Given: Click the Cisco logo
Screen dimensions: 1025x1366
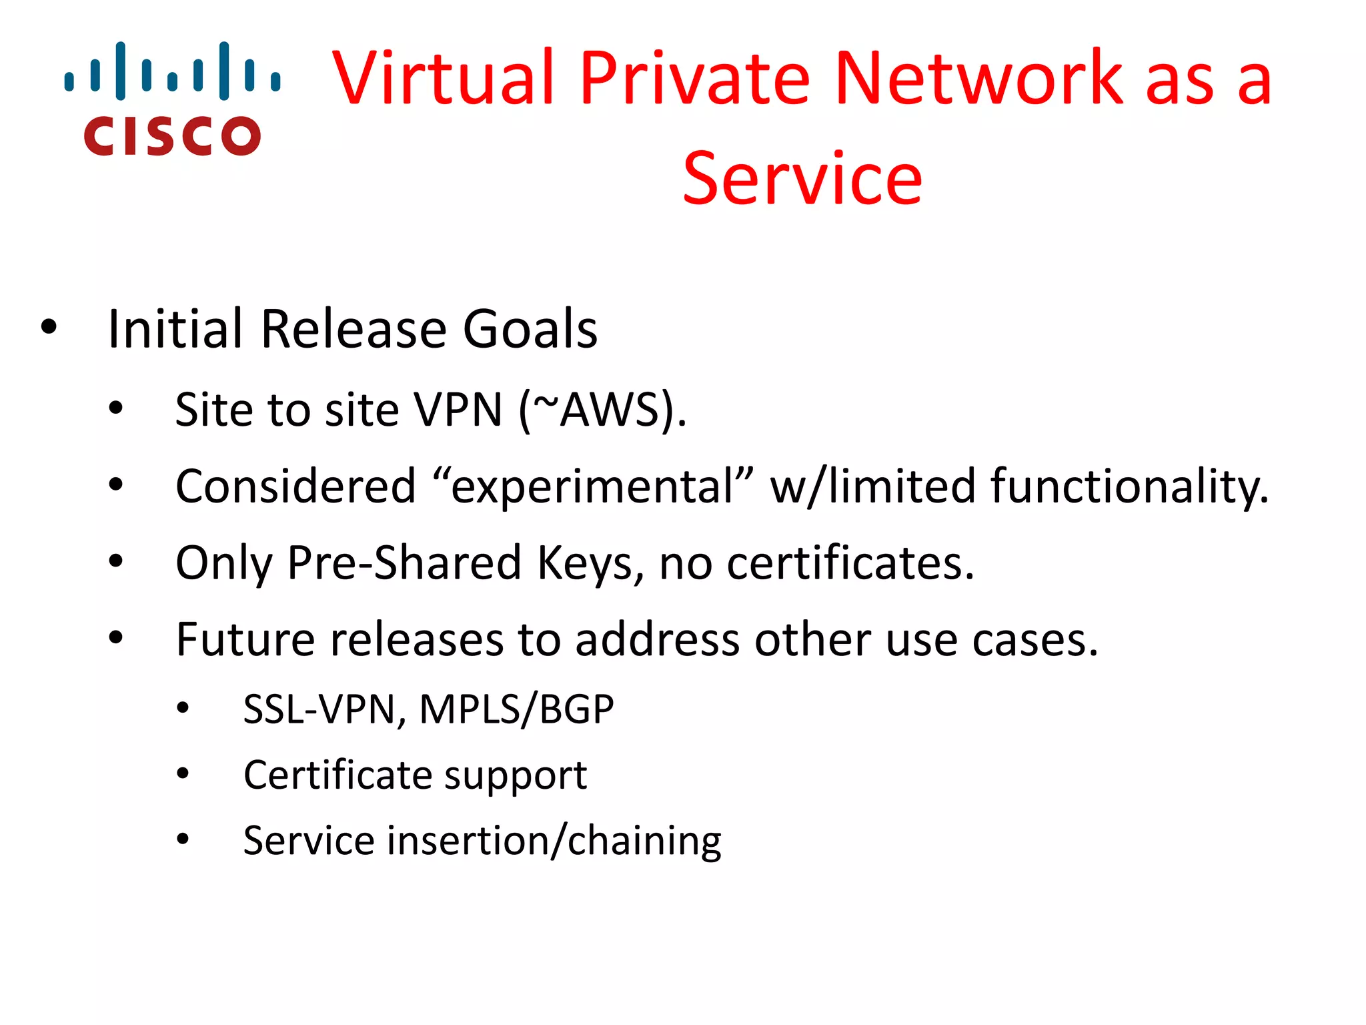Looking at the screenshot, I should (x=172, y=99).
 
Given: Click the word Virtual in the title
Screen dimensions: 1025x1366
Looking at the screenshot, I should (x=444, y=78).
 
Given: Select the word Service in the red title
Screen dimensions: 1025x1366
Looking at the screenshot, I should (x=802, y=179).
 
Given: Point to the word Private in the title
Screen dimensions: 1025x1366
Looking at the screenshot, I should (x=694, y=78).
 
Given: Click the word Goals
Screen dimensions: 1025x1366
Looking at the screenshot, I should (x=530, y=329).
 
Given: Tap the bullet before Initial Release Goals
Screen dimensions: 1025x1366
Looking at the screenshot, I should (x=49, y=328).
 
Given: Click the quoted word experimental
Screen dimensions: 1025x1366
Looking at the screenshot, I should (x=593, y=486).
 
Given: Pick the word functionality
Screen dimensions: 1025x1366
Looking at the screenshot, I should (x=1129, y=486).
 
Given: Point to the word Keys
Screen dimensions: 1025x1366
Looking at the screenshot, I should (x=591, y=563).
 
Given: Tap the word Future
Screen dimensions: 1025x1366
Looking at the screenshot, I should (x=245, y=639).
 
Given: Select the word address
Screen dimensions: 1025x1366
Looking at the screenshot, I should (x=657, y=639).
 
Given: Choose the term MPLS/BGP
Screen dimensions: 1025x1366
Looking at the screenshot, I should (x=516, y=709).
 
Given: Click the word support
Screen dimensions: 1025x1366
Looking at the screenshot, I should (x=516, y=775).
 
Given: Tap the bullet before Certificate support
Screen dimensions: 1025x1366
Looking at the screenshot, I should (x=183, y=774).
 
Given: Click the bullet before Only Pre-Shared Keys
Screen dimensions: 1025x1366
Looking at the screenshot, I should (x=116, y=561).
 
